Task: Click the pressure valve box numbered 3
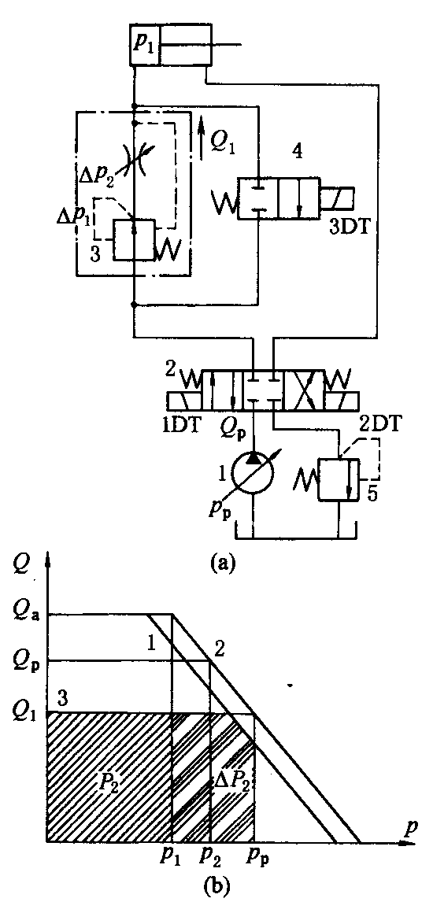pos(135,240)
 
